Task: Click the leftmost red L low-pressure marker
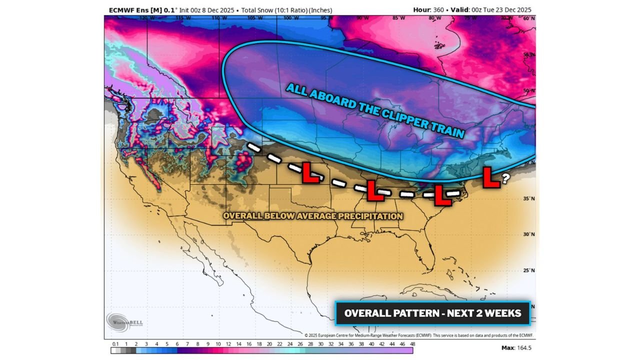(310, 172)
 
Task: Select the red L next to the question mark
(491, 177)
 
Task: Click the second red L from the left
(375, 190)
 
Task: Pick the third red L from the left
(442, 195)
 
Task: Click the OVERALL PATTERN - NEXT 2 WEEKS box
(432, 313)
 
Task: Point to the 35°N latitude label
(528, 198)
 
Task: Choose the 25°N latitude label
(528, 270)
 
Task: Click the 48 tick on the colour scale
(412, 344)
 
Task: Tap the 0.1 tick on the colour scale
(115, 344)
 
